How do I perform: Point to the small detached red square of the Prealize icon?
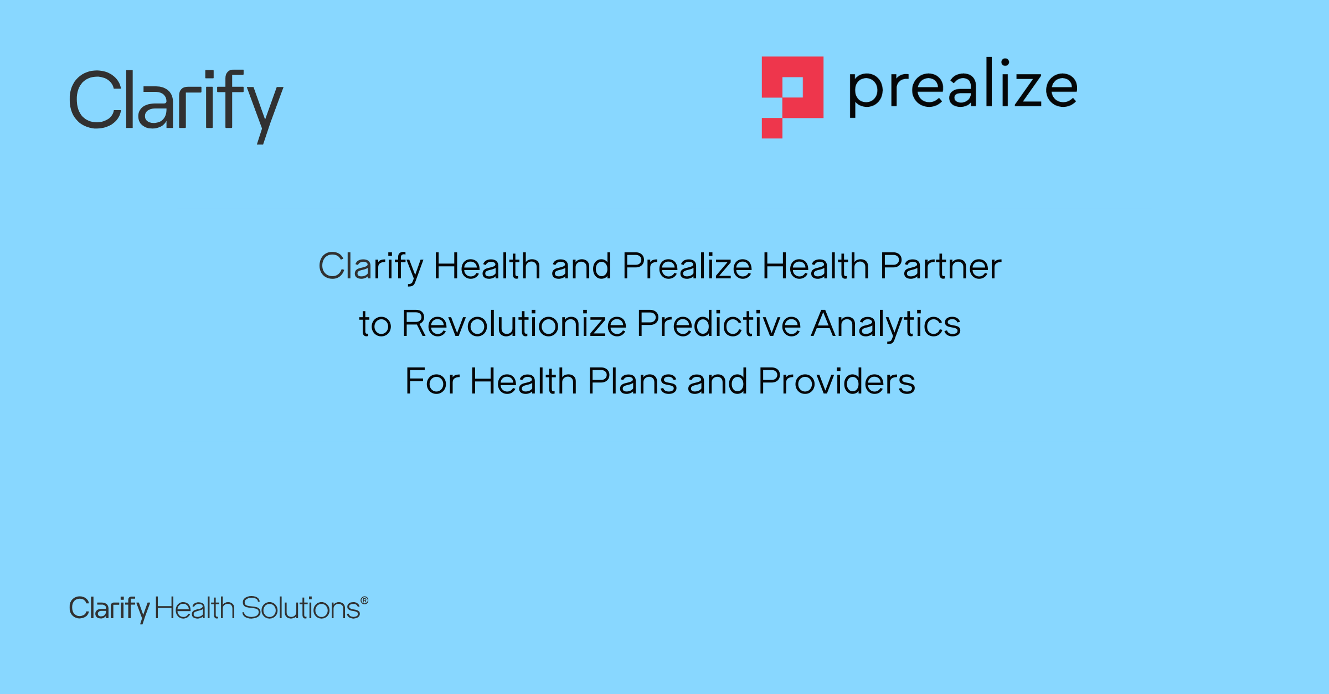[x=772, y=128]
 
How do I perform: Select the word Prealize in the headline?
[x=687, y=266]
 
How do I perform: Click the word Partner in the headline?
[x=941, y=266]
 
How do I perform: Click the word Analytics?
[x=886, y=325]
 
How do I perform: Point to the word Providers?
[x=837, y=381]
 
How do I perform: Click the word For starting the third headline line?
[x=432, y=381]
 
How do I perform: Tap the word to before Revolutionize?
[x=375, y=325]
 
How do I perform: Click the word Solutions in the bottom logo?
[x=301, y=608]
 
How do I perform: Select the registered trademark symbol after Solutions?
[x=364, y=600]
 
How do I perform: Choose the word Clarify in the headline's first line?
[x=370, y=267]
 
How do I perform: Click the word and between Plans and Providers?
[x=717, y=381]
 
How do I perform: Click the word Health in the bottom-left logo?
[x=195, y=608]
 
